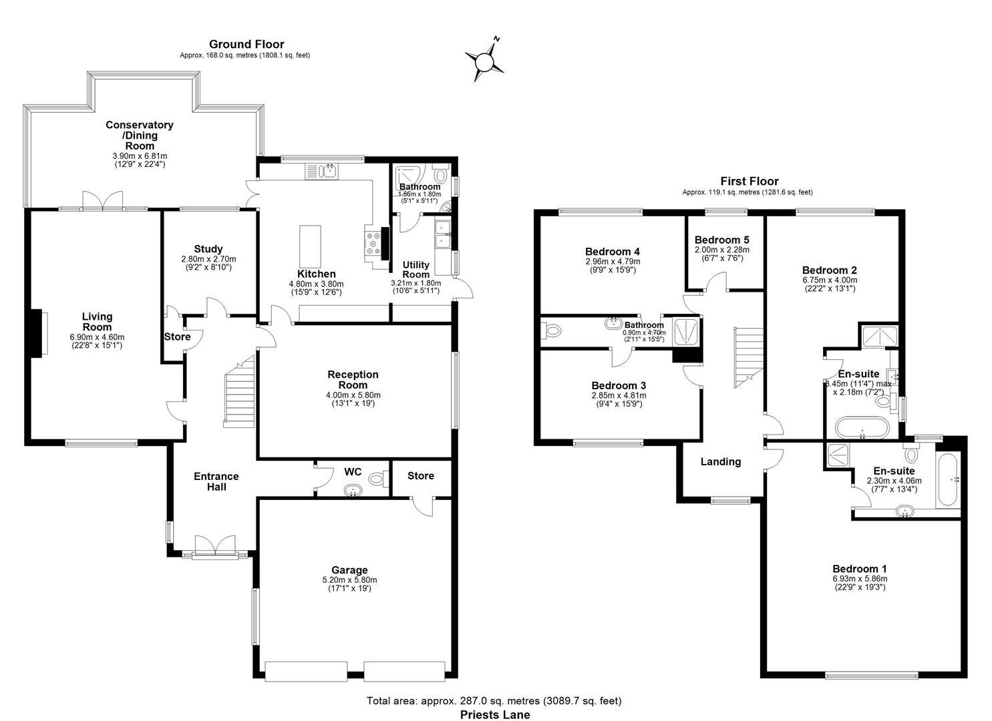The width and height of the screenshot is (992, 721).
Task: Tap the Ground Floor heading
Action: pyautogui.click(x=246, y=44)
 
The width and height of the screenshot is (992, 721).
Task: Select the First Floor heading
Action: pyautogui.click(x=749, y=181)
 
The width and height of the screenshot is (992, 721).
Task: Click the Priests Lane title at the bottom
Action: pyautogui.click(x=495, y=715)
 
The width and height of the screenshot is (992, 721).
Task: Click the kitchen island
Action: pyautogui.click(x=310, y=245)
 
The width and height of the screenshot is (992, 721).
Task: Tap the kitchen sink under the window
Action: pyautogui.click(x=323, y=172)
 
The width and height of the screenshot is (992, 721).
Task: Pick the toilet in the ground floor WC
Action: pyautogui.click(x=377, y=478)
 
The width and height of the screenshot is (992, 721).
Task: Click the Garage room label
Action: pyautogui.click(x=349, y=569)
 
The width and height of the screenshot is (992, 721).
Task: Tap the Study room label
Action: pyautogui.click(x=208, y=249)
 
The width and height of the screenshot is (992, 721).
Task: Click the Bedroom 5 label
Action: pyautogui.click(x=721, y=240)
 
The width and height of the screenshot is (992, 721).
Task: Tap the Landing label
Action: pyautogui.click(x=720, y=461)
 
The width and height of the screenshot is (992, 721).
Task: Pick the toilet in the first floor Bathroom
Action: pyautogui.click(x=552, y=329)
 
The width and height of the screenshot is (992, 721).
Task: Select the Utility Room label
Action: pyautogui.click(x=416, y=270)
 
